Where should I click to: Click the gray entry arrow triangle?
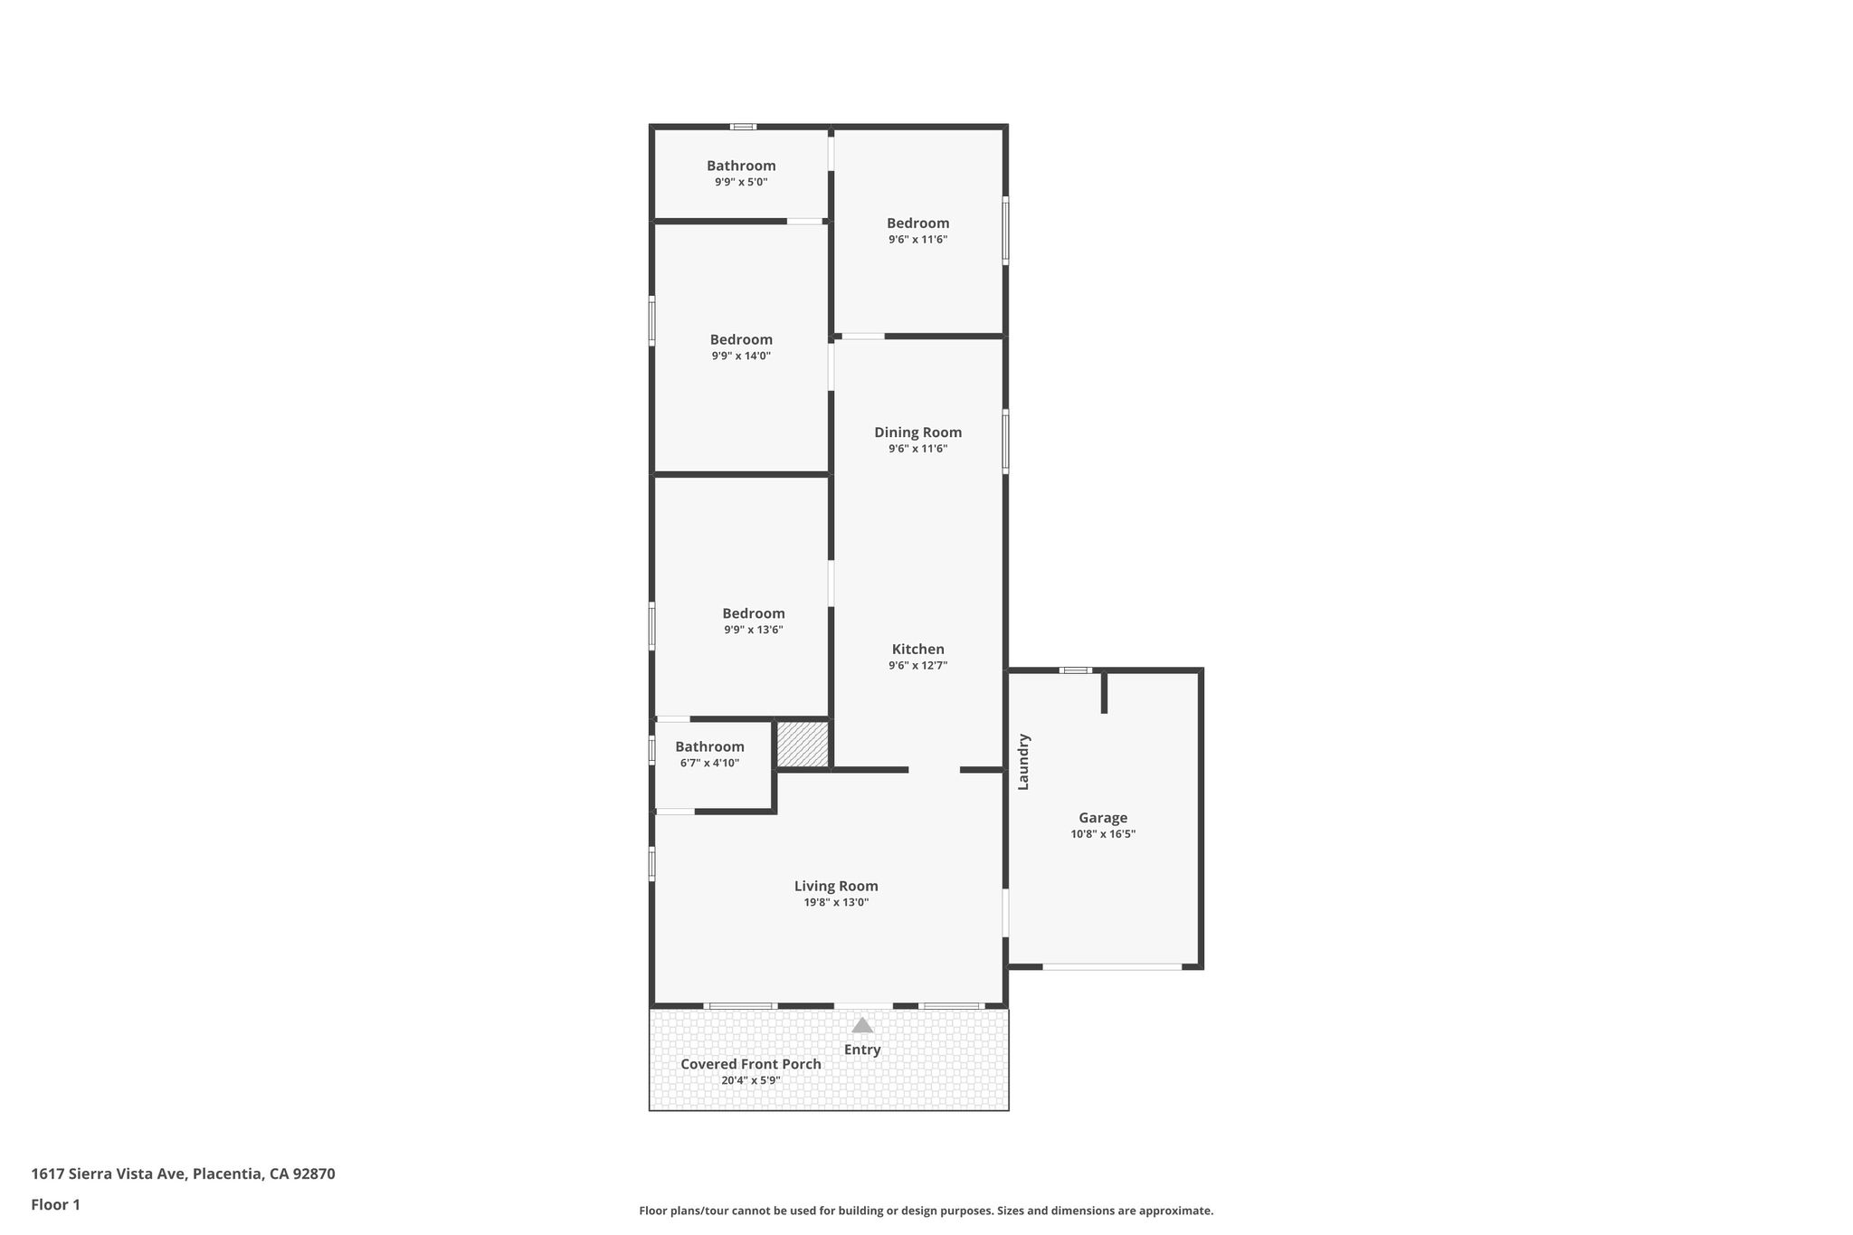pyautogui.click(x=862, y=1025)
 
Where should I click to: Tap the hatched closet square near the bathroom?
pyautogui.click(x=803, y=745)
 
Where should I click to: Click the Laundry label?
pyautogui.click(x=1023, y=762)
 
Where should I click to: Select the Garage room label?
pyautogui.click(x=1103, y=818)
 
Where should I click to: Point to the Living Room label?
pyautogui.click(x=836, y=887)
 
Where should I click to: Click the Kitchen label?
pyautogui.click(x=918, y=650)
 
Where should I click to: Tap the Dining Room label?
pyautogui.click(x=917, y=432)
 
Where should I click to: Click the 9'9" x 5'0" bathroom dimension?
pyautogui.click(x=741, y=182)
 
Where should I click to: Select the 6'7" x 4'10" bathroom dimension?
pyautogui.click(x=709, y=763)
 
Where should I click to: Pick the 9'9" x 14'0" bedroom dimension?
pyautogui.click(x=741, y=356)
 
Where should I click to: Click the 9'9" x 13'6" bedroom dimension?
pyautogui.click(x=754, y=630)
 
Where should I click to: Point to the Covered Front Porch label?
pyautogui.click(x=751, y=1064)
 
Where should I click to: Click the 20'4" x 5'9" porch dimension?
pyautogui.click(x=751, y=1080)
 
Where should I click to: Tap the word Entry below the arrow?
pyautogui.click(x=862, y=1050)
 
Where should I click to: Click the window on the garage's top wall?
pyautogui.click(x=1076, y=670)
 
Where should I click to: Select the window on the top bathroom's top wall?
pyautogui.click(x=744, y=127)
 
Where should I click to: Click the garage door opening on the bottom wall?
pyautogui.click(x=1112, y=967)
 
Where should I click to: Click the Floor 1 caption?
pyautogui.click(x=55, y=1205)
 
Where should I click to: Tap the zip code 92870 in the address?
pyautogui.click(x=314, y=1174)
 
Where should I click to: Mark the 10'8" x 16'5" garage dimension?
pyautogui.click(x=1103, y=834)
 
